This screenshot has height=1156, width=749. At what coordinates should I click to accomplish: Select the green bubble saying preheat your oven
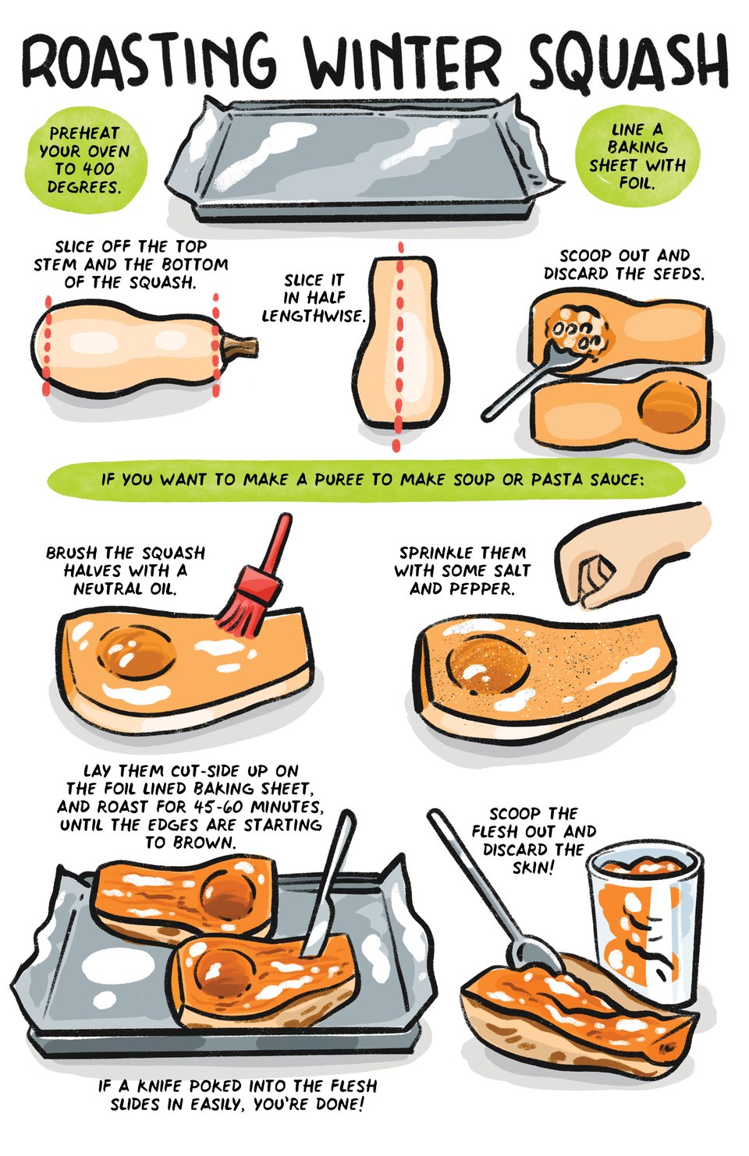pyautogui.click(x=85, y=160)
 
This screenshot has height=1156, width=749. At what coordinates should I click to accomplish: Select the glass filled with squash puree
pyautogui.click(x=646, y=926)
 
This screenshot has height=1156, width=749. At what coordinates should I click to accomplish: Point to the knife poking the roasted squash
pyautogui.click(x=328, y=883)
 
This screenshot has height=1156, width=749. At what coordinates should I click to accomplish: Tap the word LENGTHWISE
pyautogui.click(x=313, y=316)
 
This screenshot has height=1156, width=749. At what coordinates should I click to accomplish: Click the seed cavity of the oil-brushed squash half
pyautogui.click(x=135, y=652)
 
